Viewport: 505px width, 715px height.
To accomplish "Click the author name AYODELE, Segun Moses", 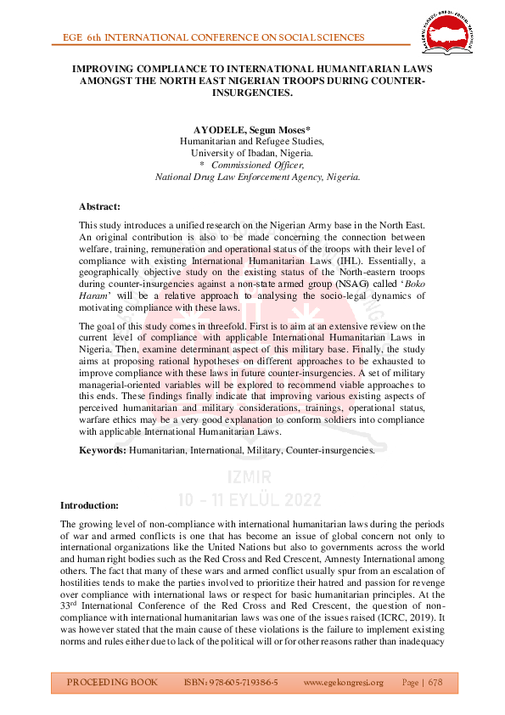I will tap(251, 129).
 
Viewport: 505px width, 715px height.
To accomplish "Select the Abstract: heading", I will tap(99, 206).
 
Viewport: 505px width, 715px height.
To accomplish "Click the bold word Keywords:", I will tap(103, 449).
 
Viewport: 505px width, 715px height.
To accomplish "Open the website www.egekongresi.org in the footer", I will tap(343, 682).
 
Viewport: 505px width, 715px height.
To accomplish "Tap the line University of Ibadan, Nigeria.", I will tap(251, 153).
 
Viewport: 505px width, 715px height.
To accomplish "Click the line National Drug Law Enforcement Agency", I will tap(251, 177).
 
